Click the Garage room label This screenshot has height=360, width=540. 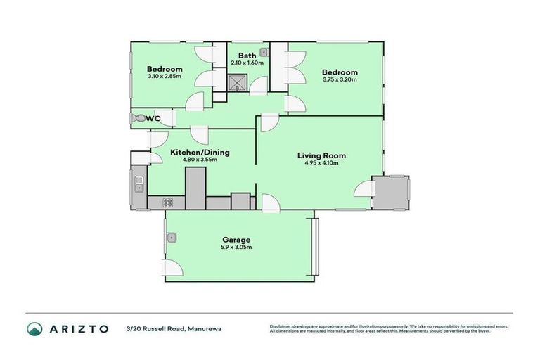click(x=237, y=240)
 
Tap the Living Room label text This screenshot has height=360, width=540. click(x=321, y=155)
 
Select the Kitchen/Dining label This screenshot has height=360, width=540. click(x=200, y=152)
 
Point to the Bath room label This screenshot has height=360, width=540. click(x=247, y=56)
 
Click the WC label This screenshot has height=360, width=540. click(x=153, y=119)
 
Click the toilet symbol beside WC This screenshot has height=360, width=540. click(x=138, y=119)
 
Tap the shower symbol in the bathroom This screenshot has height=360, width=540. click(x=238, y=84)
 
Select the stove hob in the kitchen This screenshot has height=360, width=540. click(x=169, y=203)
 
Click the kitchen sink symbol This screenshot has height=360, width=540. click(x=139, y=184)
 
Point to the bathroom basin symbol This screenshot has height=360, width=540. click(x=264, y=52)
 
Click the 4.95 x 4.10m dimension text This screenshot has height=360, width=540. click(x=321, y=163)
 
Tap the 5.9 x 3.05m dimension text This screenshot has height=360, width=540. click(x=237, y=247)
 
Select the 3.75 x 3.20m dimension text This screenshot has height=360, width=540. click(x=340, y=80)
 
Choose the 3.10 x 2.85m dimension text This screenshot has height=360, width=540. click(x=165, y=77)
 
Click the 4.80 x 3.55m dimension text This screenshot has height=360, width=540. click(x=200, y=160)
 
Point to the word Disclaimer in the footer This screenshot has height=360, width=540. click(x=283, y=326)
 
